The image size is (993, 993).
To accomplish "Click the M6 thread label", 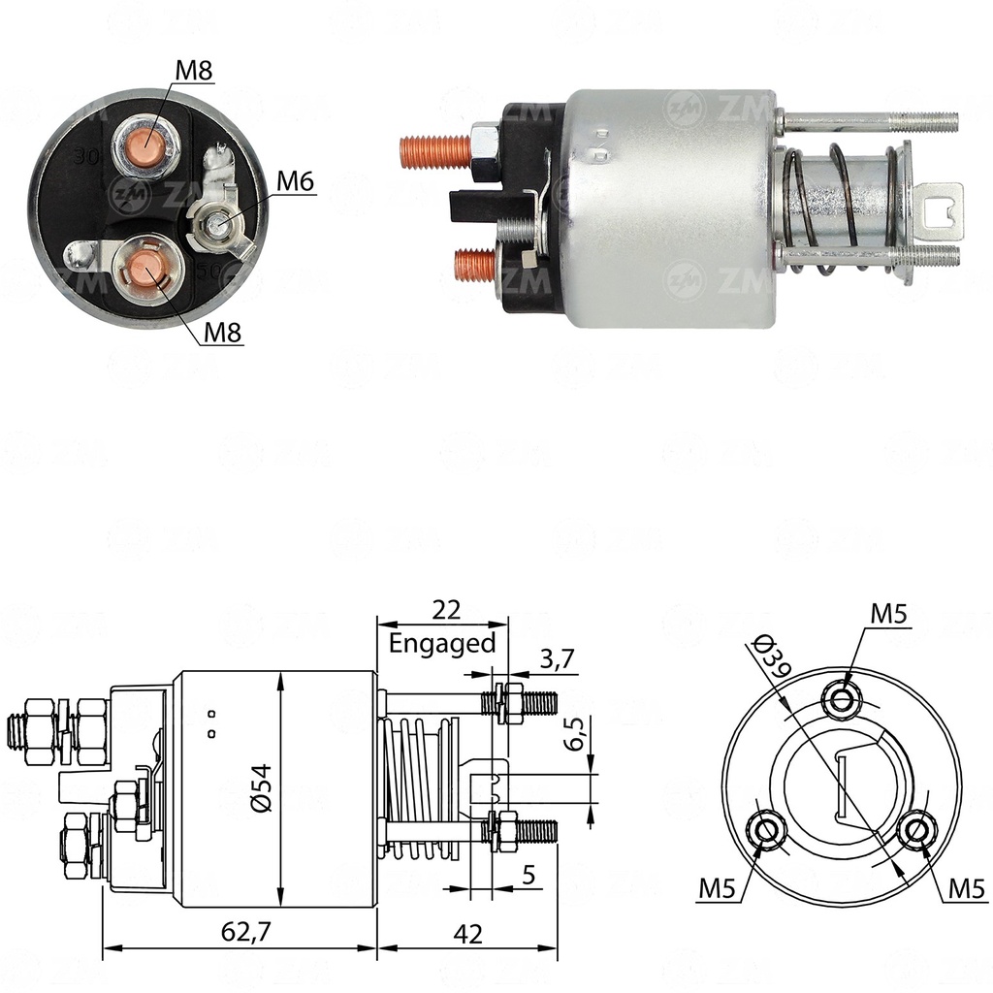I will pos(296,181).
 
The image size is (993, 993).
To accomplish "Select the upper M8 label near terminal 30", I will pos(194,70).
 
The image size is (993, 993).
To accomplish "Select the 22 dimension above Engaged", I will pos(445,610).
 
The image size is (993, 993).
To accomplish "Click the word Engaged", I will pos(442,643).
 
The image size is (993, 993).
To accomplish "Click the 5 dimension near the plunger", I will pos(529,876).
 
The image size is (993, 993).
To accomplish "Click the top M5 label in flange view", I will pos(889,614).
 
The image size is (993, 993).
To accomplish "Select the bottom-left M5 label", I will pos(717,887).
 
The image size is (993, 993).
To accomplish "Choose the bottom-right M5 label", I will pos(967,887).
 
